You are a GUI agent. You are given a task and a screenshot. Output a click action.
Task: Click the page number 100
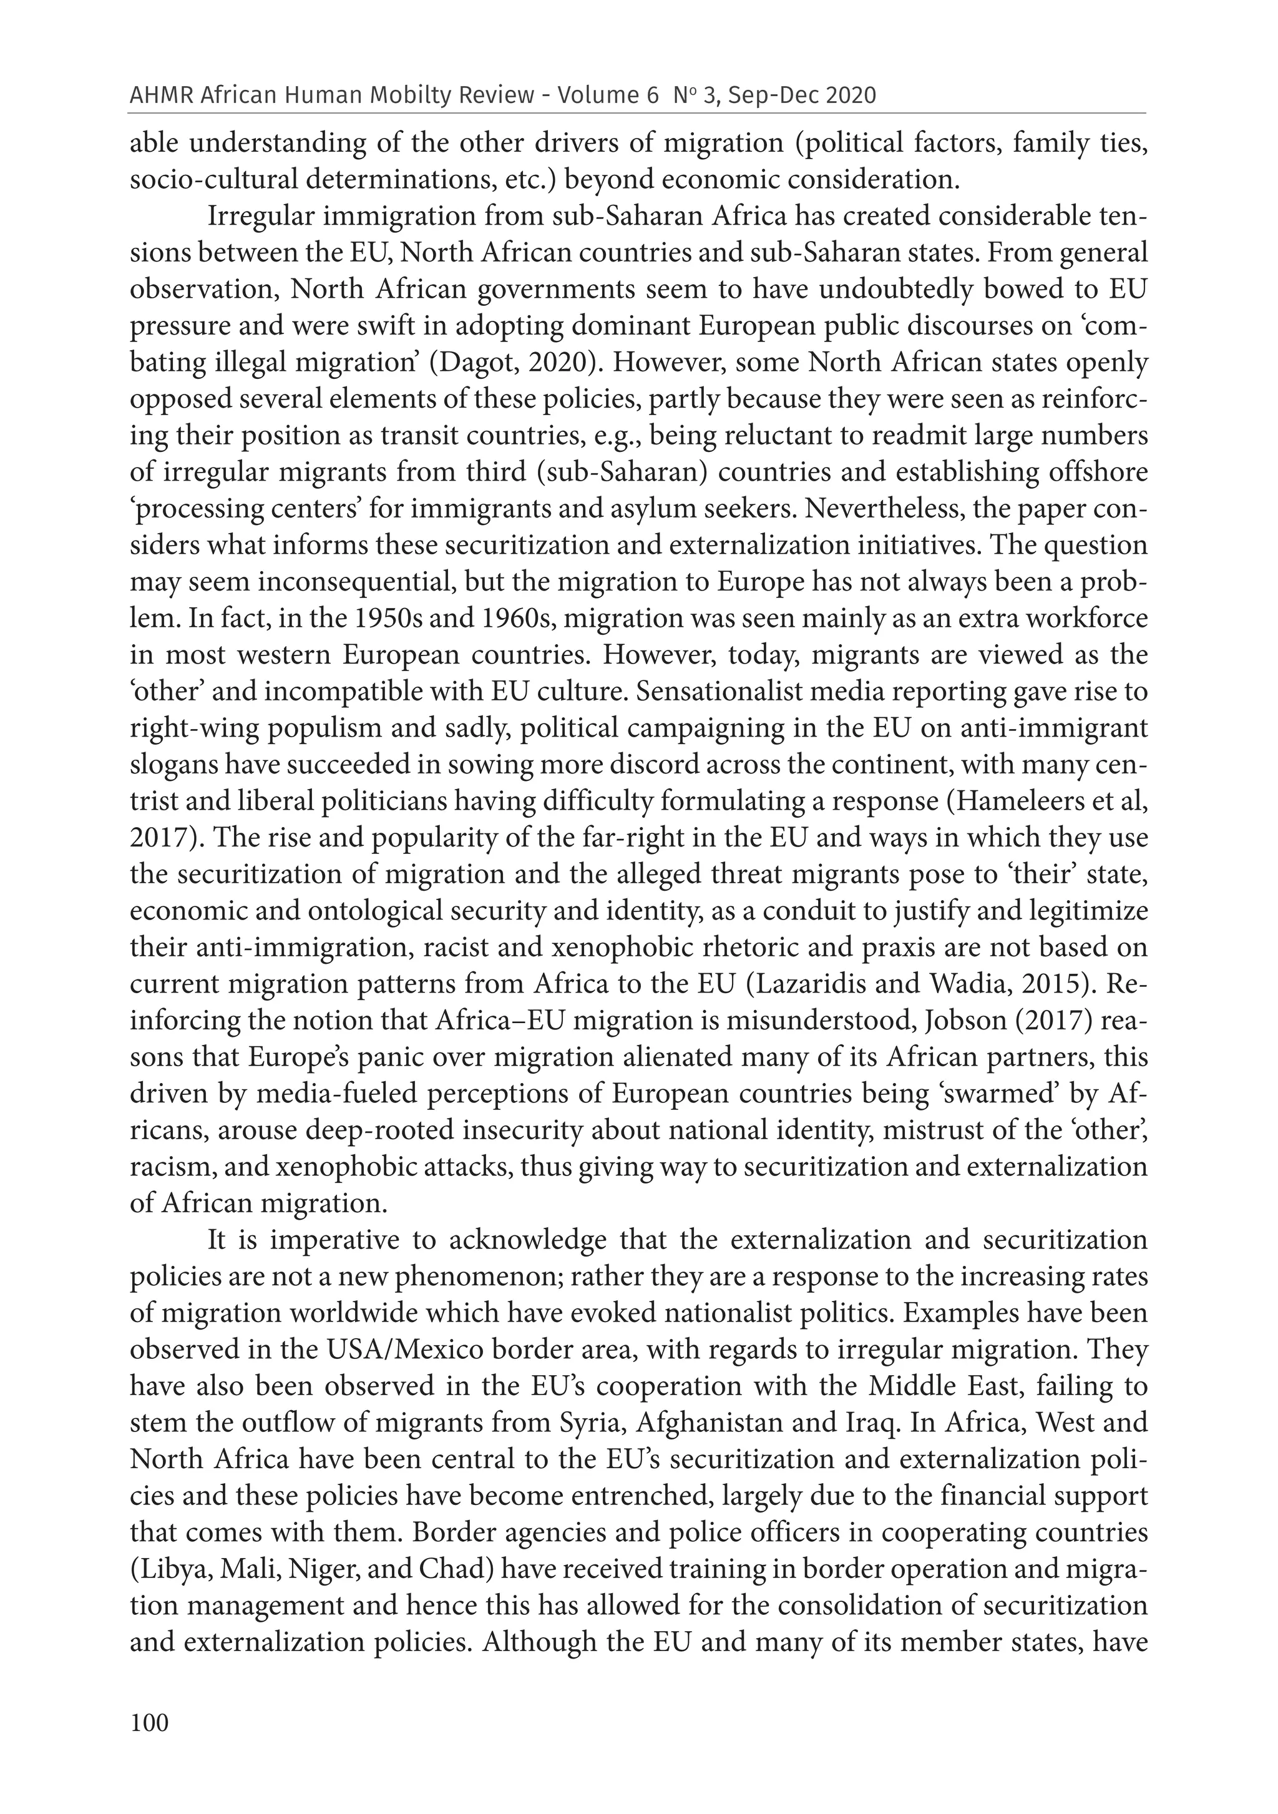click(x=149, y=1722)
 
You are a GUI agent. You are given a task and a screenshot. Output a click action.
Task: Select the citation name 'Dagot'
click(x=472, y=363)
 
